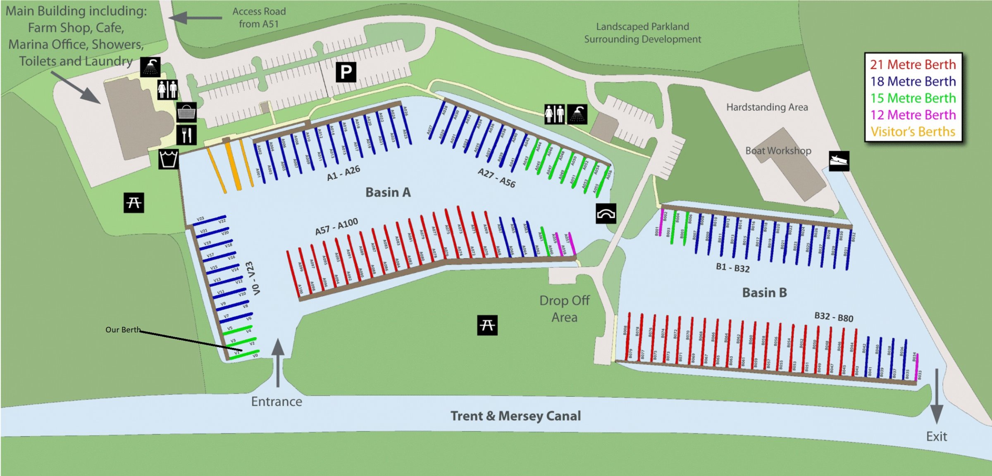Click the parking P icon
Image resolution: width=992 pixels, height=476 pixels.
[346, 72]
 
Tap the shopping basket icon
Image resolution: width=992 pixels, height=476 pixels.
[186, 112]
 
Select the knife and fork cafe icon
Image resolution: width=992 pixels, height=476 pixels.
[186, 135]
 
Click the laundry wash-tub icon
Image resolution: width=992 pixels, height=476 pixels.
[169, 159]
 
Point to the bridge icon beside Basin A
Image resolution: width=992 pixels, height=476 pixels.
[606, 214]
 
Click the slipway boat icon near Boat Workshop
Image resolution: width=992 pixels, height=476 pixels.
[839, 160]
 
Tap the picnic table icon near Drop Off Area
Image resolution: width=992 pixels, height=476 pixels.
[487, 325]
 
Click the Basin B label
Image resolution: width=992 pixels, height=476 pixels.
[764, 293]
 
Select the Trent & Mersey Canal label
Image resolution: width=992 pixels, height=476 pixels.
[515, 416]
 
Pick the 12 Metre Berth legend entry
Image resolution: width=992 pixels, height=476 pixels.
[913, 115]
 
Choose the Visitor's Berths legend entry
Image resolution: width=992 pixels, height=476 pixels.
[913, 132]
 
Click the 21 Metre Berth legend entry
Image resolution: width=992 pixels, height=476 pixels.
[913, 64]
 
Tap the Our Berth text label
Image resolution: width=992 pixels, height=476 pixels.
[123, 330]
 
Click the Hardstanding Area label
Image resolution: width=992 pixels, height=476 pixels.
[767, 107]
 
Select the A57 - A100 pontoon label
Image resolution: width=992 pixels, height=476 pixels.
[336, 226]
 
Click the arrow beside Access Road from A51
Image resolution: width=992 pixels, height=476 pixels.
[195, 18]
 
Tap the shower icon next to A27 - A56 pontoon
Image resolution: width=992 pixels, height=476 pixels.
[577, 114]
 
